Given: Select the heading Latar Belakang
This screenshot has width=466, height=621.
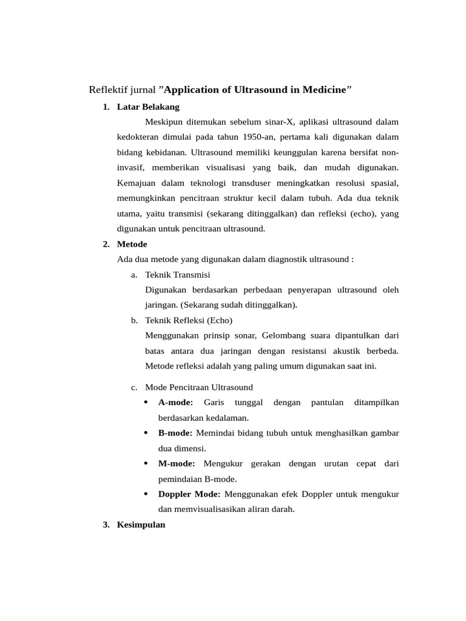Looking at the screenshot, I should (148, 107).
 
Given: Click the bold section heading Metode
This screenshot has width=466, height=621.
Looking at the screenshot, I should (132, 244).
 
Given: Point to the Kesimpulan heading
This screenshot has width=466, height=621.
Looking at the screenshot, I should (141, 525).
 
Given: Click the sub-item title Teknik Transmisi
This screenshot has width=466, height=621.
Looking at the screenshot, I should (178, 274).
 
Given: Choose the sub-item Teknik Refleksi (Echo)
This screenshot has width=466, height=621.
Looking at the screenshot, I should (189, 320).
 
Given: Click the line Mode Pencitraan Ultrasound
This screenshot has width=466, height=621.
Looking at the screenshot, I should (199, 387).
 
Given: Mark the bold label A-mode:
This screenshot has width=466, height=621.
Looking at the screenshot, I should (175, 402).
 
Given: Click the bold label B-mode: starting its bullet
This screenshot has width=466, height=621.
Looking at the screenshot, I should (175, 433).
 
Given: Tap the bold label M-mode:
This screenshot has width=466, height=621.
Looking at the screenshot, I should (177, 463).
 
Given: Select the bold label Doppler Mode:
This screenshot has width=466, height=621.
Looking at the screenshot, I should (189, 494).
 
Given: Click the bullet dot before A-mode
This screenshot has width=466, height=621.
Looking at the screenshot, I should (146, 402).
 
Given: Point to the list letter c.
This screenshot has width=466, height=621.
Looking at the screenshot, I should (133, 387).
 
